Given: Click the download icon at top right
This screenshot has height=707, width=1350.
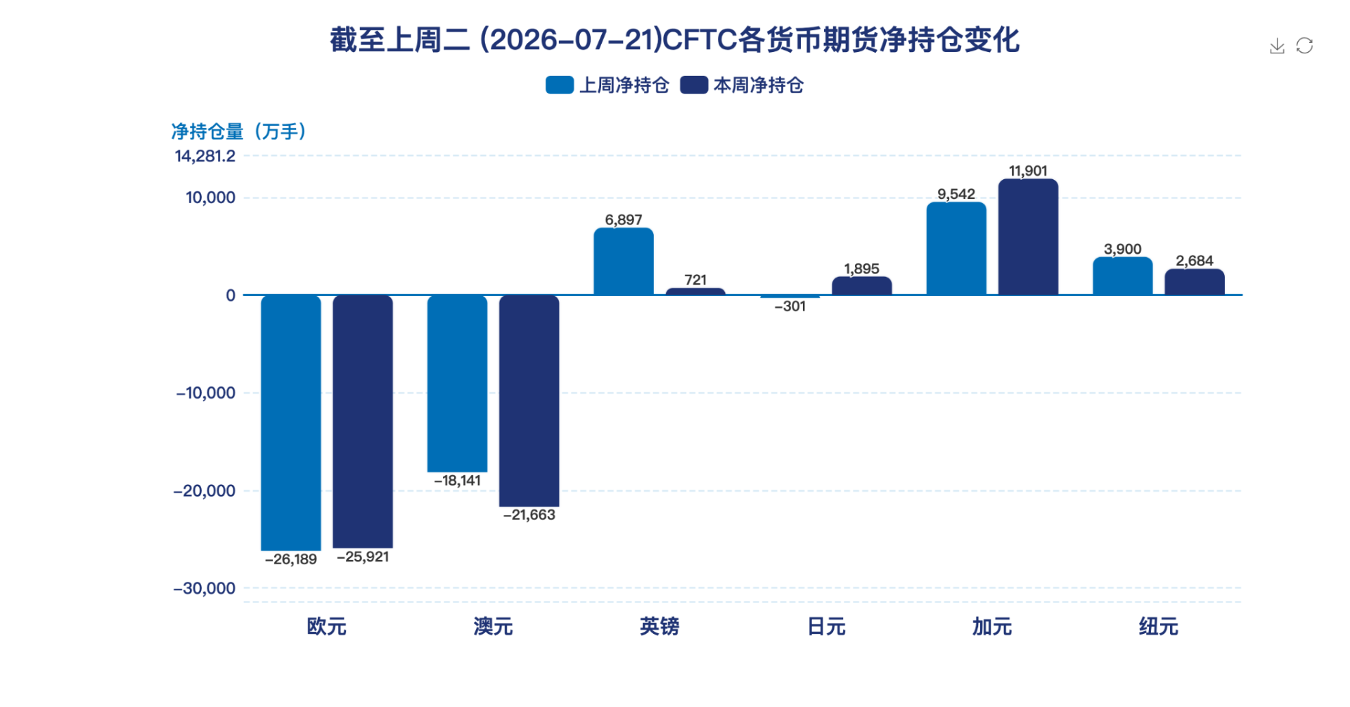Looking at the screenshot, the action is point(1277,46).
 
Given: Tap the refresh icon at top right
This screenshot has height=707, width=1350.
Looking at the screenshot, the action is point(1304,46).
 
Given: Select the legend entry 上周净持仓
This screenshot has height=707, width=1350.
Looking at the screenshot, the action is point(607,85).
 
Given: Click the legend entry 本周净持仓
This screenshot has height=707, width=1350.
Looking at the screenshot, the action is point(742,85).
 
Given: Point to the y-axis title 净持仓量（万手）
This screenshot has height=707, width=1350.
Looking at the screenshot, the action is point(239,131).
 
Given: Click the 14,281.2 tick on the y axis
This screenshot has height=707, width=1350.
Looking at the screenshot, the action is point(205,156).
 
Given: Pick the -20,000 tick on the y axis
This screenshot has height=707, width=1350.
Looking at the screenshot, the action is point(205,491).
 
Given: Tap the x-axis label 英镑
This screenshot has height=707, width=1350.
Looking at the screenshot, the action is point(660,626).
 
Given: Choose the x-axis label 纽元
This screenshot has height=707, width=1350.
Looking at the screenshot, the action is point(1159,626).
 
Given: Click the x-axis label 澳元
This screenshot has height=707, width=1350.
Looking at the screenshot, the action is point(493,626).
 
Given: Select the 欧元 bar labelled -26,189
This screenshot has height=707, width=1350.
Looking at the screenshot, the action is point(291,422).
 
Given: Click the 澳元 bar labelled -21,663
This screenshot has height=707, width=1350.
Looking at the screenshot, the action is point(529,401).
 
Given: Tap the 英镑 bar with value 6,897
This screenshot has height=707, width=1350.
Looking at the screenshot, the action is point(624,261).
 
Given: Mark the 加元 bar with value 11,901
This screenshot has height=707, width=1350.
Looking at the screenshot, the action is point(1028,237).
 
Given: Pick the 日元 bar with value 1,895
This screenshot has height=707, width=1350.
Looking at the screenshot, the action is point(862,285).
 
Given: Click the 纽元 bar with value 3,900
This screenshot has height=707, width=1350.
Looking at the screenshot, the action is point(1123,275).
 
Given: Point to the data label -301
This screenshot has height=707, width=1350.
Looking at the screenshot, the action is point(790,306).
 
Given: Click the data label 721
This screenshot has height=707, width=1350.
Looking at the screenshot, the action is point(695,280).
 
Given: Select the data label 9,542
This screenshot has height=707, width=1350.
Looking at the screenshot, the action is point(956,194).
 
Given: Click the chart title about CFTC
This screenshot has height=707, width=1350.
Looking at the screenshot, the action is point(675,39).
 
